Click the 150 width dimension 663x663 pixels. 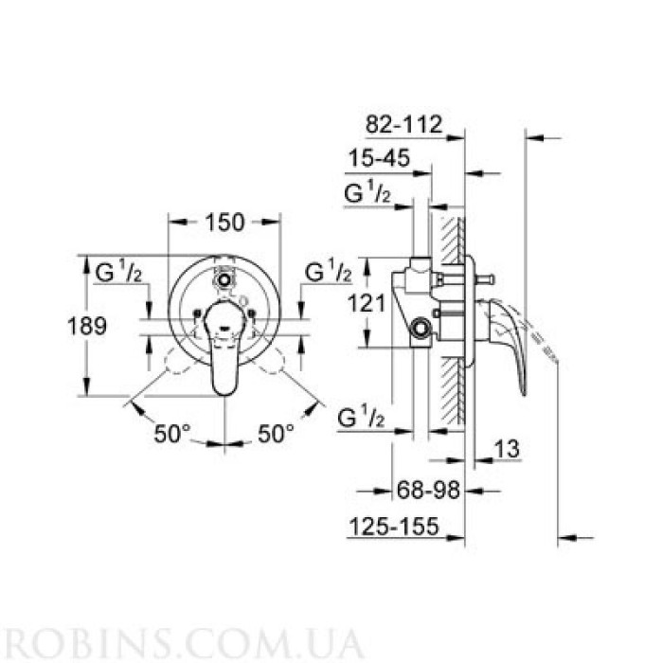point(225,222)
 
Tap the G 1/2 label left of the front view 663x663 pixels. point(119,273)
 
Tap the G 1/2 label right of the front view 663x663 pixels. point(328,273)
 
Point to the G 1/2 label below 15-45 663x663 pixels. point(367,196)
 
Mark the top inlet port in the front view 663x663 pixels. point(224,279)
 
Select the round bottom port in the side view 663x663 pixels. point(421,331)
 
